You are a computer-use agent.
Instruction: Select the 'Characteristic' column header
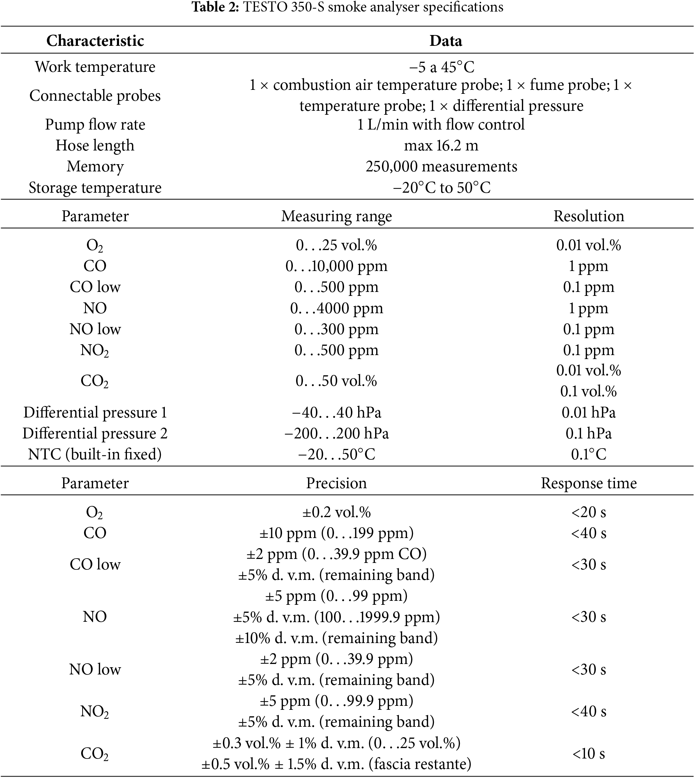click(x=95, y=40)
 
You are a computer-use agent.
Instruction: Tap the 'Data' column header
click(x=445, y=40)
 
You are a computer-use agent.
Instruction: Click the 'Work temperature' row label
click(x=95, y=67)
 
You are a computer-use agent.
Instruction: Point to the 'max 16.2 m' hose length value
click(x=441, y=145)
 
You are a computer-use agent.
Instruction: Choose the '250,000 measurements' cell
click(x=441, y=167)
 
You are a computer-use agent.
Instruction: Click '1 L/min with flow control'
click(x=441, y=124)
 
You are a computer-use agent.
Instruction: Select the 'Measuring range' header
click(x=336, y=216)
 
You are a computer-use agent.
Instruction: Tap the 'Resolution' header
click(x=589, y=216)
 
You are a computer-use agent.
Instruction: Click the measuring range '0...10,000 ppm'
click(x=336, y=266)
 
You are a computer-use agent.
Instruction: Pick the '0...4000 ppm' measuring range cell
click(x=336, y=308)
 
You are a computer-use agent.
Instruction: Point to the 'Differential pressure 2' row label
click(x=95, y=433)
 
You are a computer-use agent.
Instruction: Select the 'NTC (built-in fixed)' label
click(x=95, y=454)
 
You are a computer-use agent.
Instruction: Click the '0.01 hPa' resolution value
click(x=589, y=413)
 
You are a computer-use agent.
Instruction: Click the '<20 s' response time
click(x=589, y=512)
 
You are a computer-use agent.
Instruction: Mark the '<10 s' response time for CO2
click(x=589, y=753)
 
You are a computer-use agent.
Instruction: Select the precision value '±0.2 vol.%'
click(x=336, y=512)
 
